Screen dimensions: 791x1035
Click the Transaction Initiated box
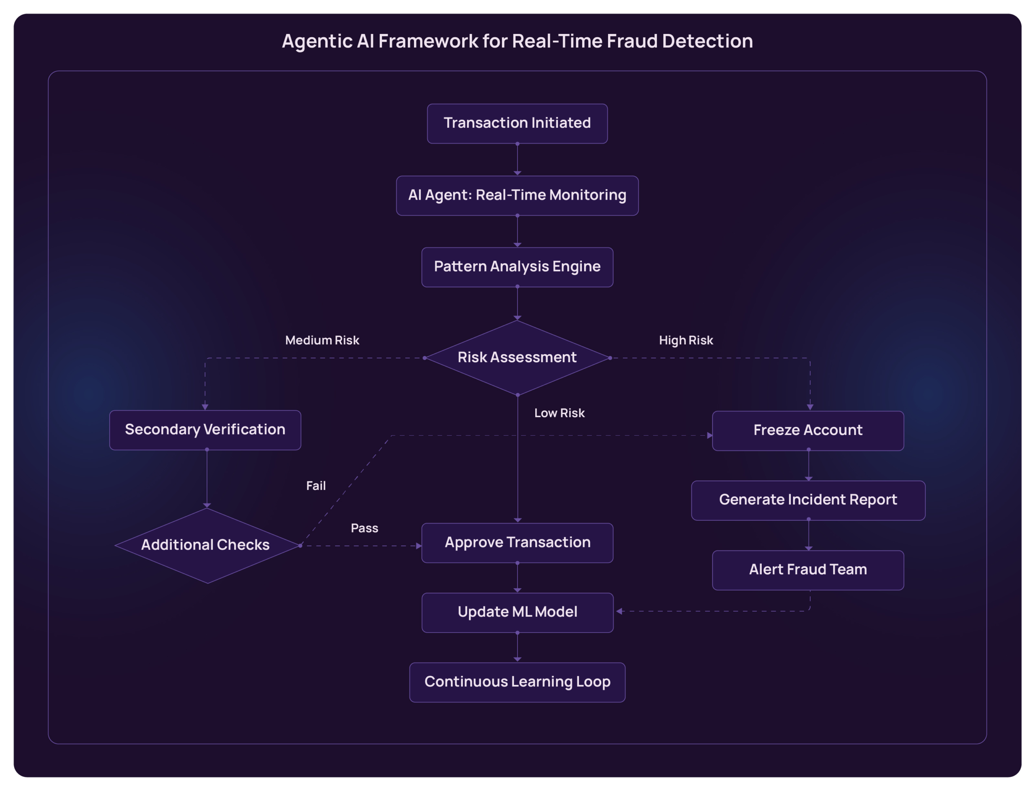point(517,123)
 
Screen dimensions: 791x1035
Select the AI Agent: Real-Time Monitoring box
point(517,195)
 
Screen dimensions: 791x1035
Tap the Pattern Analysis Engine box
point(517,267)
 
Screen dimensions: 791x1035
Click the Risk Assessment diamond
point(517,357)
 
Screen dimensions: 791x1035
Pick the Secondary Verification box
point(205,430)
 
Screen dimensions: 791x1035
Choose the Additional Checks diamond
point(206,545)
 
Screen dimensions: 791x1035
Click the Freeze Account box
point(807,430)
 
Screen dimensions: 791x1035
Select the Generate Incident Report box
point(807,500)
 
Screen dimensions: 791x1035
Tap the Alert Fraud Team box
point(807,570)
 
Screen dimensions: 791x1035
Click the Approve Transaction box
point(517,542)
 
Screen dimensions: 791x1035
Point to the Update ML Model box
point(517,612)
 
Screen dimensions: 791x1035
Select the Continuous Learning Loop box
point(517,682)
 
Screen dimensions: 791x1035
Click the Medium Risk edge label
point(322,340)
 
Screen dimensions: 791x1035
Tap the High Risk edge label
point(686,340)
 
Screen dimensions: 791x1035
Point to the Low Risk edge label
point(559,413)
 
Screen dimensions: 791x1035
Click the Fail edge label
point(315,486)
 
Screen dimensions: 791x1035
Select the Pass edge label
point(364,528)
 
